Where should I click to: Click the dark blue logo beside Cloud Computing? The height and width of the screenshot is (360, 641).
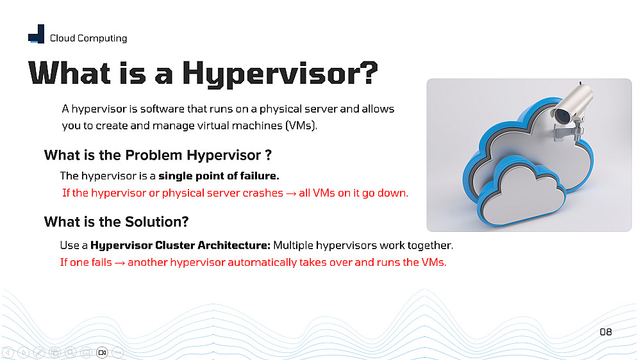(x=37, y=34)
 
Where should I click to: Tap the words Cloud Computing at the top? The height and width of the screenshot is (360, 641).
(x=88, y=38)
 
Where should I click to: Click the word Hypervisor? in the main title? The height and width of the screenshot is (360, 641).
(x=280, y=74)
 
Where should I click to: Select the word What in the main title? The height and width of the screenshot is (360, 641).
(x=69, y=73)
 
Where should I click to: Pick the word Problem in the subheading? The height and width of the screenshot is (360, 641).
(x=154, y=155)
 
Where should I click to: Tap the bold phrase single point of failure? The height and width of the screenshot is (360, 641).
(x=219, y=176)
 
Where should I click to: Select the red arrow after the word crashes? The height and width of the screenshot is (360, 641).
(x=291, y=193)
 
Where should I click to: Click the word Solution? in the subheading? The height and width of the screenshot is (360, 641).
(x=157, y=222)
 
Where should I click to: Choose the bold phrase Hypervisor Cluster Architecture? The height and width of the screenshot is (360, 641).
(x=180, y=245)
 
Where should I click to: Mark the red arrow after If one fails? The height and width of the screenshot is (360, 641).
(x=120, y=263)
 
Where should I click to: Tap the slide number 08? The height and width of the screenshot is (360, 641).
(x=606, y=332)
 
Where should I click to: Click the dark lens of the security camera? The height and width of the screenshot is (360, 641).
(x=563, y=116)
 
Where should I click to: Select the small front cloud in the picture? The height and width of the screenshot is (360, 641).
(x=521, y=192)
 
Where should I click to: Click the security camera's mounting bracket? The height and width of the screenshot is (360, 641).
(x=569, y=131)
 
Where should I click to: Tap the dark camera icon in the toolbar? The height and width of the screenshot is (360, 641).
(x=102, y=352)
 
